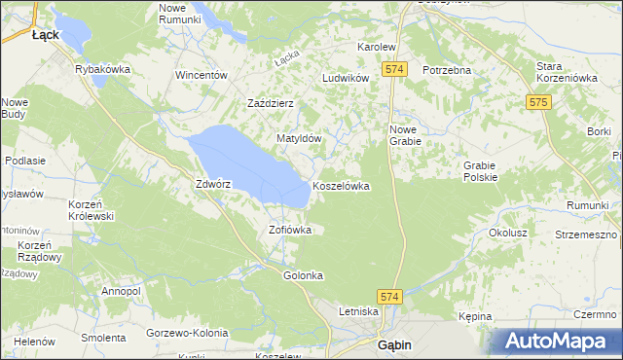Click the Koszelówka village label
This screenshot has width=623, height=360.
(341, 186)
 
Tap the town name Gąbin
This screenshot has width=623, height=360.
(398, 344)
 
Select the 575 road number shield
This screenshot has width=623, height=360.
(539, 101)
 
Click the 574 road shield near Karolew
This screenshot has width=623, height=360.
(393, 70)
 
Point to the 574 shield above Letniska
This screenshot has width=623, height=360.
(389, 296)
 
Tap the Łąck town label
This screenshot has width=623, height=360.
(46, 34)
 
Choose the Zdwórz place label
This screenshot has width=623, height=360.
(212, 184)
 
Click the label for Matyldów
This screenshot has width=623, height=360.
(299, 139)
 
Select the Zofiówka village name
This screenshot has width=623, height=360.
(290, 231)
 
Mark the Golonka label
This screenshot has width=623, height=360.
(303, 275)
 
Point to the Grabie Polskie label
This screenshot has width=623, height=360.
(481, 171)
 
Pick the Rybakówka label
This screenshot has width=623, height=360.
(103, 69)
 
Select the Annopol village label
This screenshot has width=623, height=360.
(121, 291)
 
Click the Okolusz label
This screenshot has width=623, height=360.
(508, 234)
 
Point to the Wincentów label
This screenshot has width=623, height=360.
(201, 75)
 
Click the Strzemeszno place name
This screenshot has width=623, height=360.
(586, 234)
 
